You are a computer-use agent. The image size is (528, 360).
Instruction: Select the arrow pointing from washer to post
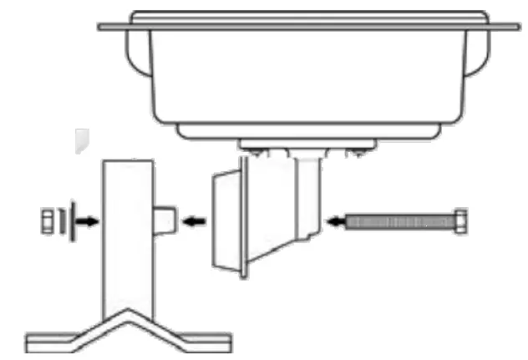click(89, 222)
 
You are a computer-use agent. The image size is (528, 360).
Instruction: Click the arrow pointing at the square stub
click(195, 222)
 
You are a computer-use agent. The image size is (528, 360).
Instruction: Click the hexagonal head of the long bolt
click(460, 222)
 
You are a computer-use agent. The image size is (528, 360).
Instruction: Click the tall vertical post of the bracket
click(127, 234)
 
